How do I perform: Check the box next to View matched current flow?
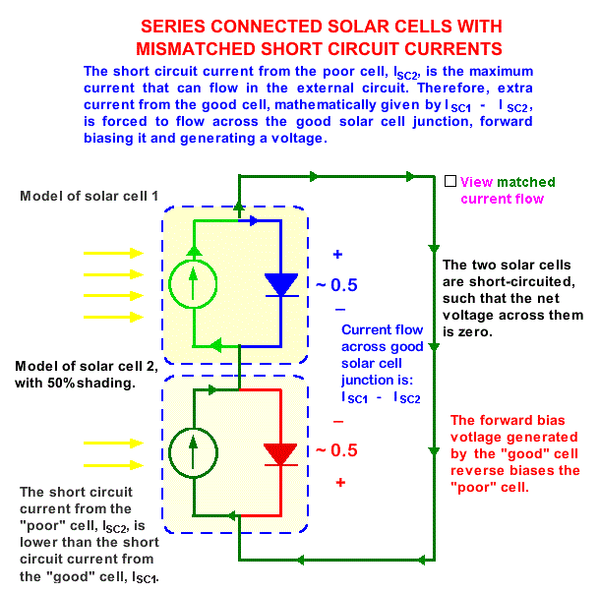pos(450,182)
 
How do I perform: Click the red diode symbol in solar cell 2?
pos(281,453)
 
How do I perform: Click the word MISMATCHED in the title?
pos(217,47)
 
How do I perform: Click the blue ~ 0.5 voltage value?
pos(337,285)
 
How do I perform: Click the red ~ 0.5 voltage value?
pos(337,451)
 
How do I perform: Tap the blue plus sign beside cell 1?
pos(337,255)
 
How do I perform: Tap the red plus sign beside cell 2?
pos(340,483)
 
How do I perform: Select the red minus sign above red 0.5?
pos(337,421)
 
